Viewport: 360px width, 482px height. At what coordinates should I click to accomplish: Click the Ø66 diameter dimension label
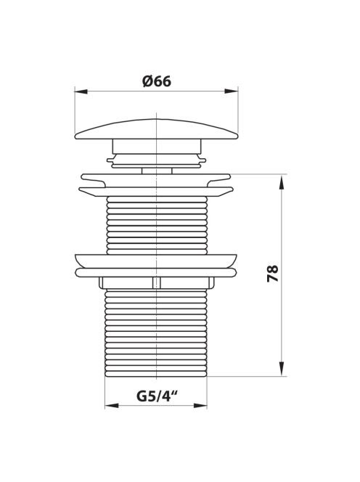point(157,81)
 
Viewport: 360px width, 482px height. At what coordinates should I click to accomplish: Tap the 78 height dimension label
point(273,273)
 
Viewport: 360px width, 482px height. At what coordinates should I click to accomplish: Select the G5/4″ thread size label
point(157,396)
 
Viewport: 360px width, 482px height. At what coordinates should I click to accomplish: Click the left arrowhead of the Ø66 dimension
point(81,91)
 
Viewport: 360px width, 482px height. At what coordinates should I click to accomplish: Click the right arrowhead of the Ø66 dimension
point(232,91)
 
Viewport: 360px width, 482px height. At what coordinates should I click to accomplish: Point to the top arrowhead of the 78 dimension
point(281,181)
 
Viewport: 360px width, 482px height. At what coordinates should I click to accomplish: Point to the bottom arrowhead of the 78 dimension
point(281,369)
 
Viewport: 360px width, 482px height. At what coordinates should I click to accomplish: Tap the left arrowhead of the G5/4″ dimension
point(112,406)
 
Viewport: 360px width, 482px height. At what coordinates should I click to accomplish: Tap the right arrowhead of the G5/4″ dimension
point(200,406)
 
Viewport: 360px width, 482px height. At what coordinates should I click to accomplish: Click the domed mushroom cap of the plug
point(157,129)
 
